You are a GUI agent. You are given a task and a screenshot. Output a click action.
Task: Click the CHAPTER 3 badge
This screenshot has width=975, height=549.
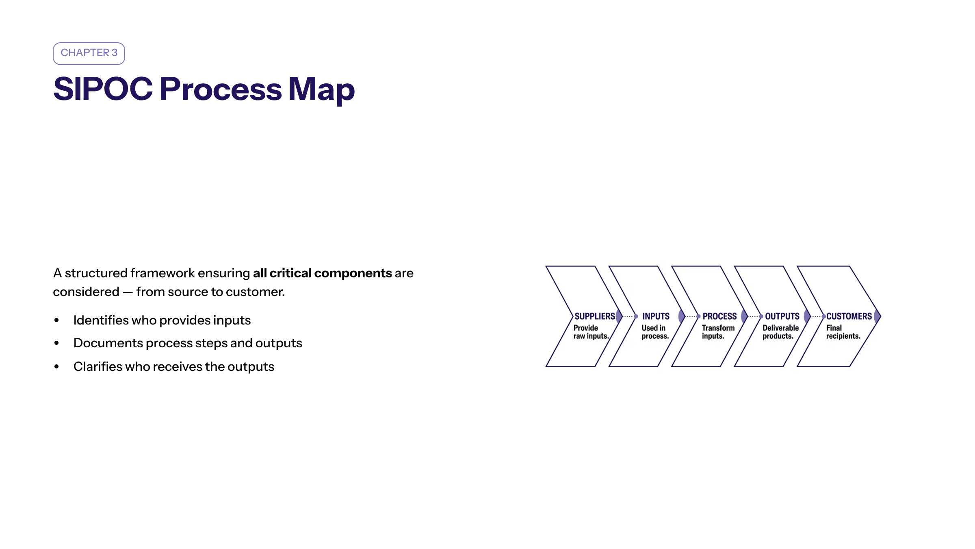tap(89, 53)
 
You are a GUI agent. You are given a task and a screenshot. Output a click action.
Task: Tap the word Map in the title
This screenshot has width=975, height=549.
tap(321, 90)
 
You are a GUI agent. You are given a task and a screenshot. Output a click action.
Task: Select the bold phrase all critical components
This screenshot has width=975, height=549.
tap(323, 273)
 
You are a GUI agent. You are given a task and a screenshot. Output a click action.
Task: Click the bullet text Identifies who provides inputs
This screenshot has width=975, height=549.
tap(162, 320)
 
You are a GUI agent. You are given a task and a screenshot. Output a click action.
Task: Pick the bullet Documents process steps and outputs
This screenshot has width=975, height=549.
tap(188, 343)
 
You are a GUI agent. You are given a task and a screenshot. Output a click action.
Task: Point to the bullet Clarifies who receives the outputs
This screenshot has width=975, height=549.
tap(174, 366)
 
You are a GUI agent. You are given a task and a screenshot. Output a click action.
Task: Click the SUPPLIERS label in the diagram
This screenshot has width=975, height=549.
tap(595, 316)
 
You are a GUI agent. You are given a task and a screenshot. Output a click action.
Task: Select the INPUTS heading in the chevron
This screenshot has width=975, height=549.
tap(656, 316)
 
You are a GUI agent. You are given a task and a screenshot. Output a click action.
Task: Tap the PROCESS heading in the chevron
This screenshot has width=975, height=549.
tap(719, 316)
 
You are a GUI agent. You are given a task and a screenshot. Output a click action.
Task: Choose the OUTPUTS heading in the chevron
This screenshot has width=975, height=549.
tap(782, 316)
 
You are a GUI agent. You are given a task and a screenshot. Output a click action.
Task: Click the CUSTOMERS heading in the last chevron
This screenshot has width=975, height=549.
tap(849, 316)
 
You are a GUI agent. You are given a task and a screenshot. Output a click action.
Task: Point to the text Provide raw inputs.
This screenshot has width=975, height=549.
tap(591, 332)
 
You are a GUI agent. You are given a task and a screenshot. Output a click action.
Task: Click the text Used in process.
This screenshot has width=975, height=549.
tap(655, 332)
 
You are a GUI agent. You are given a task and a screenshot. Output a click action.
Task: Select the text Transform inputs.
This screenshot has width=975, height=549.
tap(718, 332)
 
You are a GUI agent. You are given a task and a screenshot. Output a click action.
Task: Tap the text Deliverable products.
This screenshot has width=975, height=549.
tap(780, 332)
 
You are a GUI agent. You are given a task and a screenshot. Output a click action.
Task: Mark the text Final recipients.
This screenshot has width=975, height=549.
tap(843, 332)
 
